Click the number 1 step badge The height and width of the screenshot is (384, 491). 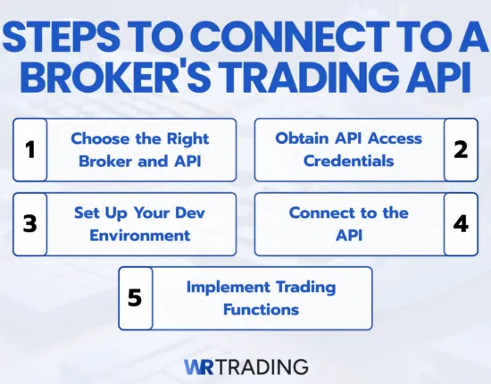(x=29, y=149)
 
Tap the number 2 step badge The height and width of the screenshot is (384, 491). (x=461, y=149)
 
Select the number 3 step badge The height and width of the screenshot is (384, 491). (x=29, y=223)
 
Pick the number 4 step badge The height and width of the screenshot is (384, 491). (x=461, y=223)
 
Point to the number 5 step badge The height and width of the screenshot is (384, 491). (x=136, y=297)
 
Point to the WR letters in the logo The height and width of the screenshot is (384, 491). (x=201, y=366)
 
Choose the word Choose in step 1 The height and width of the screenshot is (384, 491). (x=97, y=138)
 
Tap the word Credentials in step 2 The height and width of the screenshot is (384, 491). (x=348, y=161)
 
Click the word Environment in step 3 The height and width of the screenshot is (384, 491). (x=132, y=235)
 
